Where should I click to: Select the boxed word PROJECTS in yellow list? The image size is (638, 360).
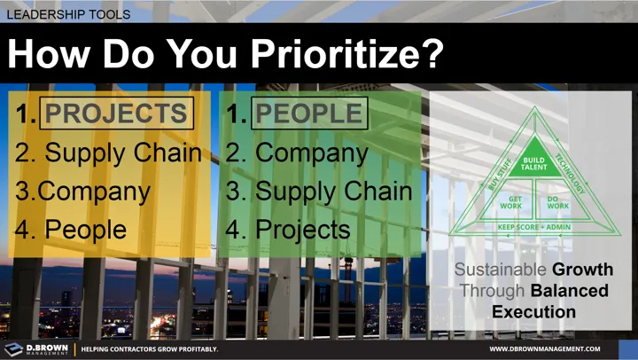pos(115,113)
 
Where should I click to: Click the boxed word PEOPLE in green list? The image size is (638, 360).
pos(309,113)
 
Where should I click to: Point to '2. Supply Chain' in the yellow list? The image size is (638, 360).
pos(109,153)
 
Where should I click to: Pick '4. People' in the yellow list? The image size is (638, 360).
pos(71,229)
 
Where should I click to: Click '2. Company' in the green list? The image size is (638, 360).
pos(297,153)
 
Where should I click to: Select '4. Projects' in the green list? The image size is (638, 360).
pos(289,229)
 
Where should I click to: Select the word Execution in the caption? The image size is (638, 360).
pos(533,312)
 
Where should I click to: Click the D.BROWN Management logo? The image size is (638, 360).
pos(35,348)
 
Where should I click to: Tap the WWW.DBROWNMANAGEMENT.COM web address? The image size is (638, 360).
pos(557,349)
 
